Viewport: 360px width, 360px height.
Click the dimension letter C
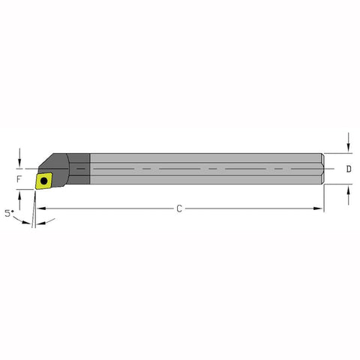click(x=179, y=209)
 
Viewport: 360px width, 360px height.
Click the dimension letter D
click(x=349, y=169)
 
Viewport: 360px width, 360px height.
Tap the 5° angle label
click(x=9, y=213)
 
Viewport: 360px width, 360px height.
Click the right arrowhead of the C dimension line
click(x=319, y=209)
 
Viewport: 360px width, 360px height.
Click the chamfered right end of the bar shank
click(x=322, y=169)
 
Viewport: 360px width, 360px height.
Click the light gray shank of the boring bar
click(x=202, y=169)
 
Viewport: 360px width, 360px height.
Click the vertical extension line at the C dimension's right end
click(x=324, y=199)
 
